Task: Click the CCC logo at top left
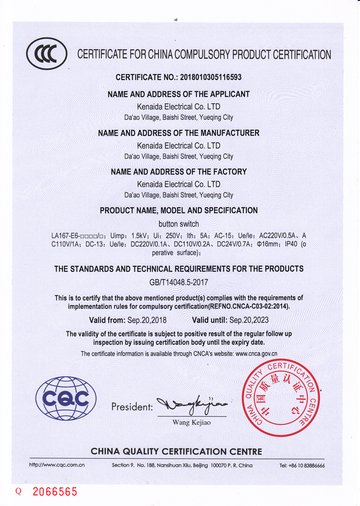(x=47, y=53)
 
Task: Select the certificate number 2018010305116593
(x=210, y=77)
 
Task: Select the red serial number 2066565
(x=55, y=492)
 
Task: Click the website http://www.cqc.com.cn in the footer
(x=57, y=465)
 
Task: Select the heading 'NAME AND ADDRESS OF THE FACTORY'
(x=178, y=172)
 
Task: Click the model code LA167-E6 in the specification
(x=64, y=236)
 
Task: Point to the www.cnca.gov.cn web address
(x=256, y=354)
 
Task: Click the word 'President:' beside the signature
(x=132, y=407)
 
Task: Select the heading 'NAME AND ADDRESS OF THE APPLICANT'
(x=178, y=94)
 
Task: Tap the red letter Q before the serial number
(x=19, y=492)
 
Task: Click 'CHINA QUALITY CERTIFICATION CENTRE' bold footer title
(x=176, y=451)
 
